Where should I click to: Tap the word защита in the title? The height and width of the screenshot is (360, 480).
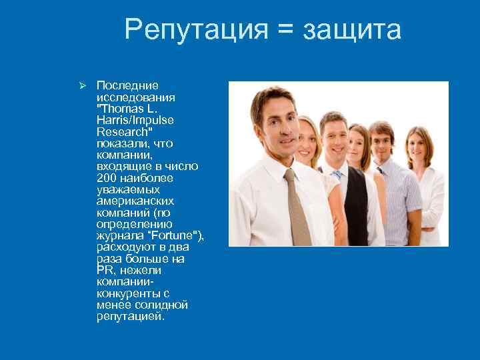[x=353, y=30]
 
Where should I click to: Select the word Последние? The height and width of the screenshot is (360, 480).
[x=127, y=86]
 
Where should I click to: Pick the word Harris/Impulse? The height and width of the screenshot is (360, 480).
[x=135, y=120]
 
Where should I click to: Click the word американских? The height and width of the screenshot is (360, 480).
[x=135, y=201]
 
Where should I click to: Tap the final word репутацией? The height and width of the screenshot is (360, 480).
[x=130, y=317]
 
